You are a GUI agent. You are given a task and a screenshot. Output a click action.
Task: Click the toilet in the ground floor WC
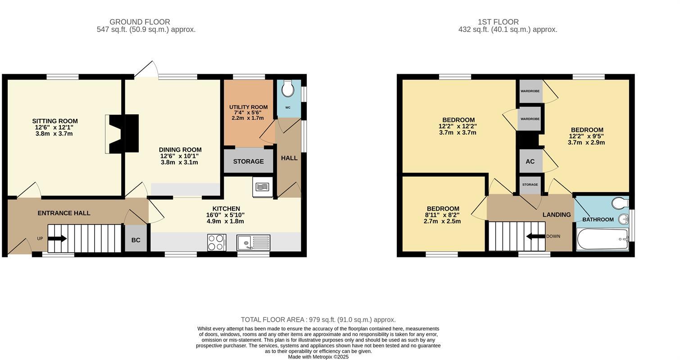[x=287, y=88]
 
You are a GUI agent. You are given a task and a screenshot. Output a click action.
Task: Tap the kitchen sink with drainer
[x=253, y=243]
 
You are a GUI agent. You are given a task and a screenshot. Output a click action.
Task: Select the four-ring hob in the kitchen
[x=217, y=243]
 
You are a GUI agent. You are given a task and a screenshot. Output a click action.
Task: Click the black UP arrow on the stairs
[x=57, y=238]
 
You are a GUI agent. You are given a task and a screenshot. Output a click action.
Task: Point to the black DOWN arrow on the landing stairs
[x=536, y=236]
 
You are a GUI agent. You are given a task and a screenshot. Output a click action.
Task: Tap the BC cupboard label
[x=136, y=240]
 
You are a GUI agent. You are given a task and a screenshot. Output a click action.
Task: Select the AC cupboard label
[x=530, y=162]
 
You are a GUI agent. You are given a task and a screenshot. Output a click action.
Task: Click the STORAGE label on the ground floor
[x=248, y=162]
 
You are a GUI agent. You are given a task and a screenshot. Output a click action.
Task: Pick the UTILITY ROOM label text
[x=248, y=107]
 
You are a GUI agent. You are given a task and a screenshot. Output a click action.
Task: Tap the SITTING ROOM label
[x=55, y=121]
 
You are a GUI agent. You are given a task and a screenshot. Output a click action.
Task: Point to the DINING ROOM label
[x=180, y=150]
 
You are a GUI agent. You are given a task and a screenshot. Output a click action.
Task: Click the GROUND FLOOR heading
[x=140, y=22]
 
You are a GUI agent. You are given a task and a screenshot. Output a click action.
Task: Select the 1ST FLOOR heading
[x=498, y=22]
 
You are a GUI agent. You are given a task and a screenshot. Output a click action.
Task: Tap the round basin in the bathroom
[x=624, y=220]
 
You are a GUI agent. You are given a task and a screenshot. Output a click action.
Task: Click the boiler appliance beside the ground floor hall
[x=263, y=187]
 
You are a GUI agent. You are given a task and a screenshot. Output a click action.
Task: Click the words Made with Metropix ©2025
[x=318, y=357]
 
